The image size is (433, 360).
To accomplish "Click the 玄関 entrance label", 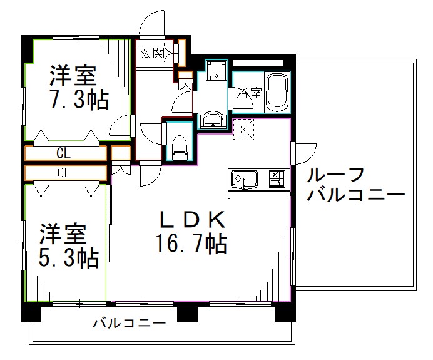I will (153, 53).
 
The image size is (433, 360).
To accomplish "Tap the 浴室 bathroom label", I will (249, 93).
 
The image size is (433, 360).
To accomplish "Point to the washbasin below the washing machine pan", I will (213, 119).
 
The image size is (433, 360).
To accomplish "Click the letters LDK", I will (191, 220).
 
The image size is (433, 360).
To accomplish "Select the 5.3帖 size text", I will (69, 256).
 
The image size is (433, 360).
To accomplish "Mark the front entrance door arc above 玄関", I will (151, 25).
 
